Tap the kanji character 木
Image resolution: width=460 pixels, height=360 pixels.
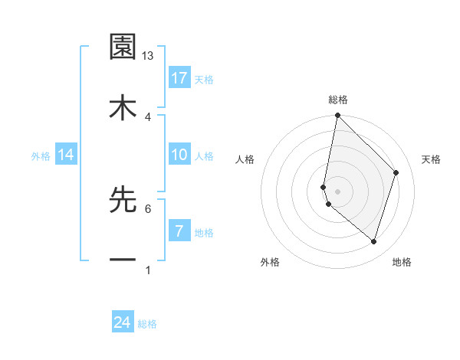123,108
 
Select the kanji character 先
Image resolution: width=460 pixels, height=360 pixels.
123,200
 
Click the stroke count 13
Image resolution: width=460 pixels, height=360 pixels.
148,56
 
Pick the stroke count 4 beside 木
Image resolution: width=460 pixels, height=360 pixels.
148,116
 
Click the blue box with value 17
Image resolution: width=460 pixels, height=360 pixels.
179,78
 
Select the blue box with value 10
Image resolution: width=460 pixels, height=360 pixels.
179,155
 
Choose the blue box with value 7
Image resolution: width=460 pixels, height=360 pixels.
179,231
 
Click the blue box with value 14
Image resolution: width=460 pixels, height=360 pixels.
66,155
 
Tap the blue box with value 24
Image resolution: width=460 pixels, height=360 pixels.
123,323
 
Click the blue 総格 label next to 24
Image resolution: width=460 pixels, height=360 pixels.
147,324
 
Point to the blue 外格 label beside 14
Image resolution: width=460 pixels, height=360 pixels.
41,155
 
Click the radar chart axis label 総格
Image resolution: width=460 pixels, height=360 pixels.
337,100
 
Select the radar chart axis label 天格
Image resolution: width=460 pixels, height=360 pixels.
431,159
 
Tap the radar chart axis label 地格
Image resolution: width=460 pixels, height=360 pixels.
402,262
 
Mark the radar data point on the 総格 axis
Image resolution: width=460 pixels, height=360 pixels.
337,116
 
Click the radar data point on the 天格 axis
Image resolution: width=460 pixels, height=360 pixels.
396,172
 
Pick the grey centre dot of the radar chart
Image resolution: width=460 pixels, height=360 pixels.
337,191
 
